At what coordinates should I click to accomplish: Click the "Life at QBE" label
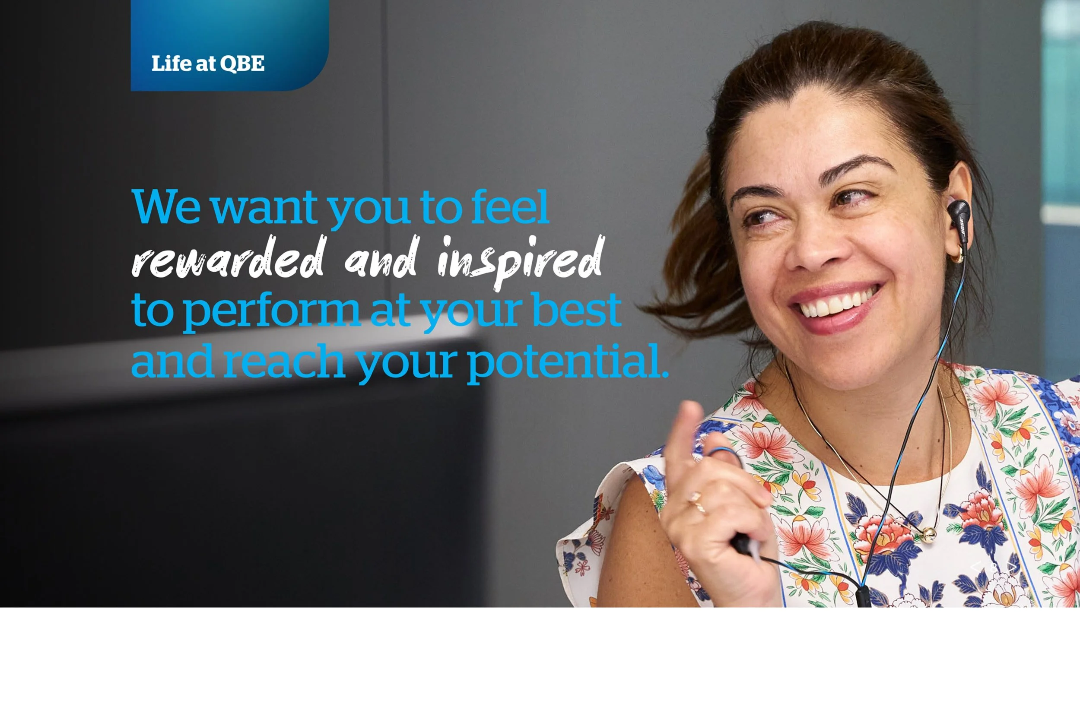(x=207, y=63)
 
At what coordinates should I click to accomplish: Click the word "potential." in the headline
(x=568, y=362)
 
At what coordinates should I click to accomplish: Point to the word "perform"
(x=271, y=311)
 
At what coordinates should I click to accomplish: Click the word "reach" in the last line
(x=284, y=362)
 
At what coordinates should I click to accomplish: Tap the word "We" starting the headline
(x=166, y=206)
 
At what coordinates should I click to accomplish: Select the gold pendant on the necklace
(x=929, y=533)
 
